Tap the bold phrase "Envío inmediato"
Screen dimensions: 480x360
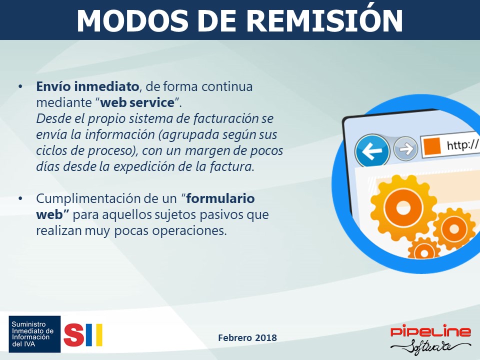(x=87, y=86)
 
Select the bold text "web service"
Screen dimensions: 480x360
(x=137, y=102)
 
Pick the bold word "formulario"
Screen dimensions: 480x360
(x=220, y=198)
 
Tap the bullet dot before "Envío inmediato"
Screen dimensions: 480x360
(x=20, y=86)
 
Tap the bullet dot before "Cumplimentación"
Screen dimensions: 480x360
(x=20, y=198)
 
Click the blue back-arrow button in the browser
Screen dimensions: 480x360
(x=372, y=150)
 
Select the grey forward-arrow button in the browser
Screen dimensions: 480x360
(x=405, y=149)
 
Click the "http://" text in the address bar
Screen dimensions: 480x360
(x=462, y=144)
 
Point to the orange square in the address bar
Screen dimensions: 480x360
(x=432, y=145)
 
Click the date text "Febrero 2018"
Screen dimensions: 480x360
(x=247, y=337)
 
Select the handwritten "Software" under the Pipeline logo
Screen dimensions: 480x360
(x=430, y=347)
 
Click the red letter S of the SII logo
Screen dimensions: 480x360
(x=74, y=335)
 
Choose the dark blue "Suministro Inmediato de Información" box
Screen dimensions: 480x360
(x=34, y=334)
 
